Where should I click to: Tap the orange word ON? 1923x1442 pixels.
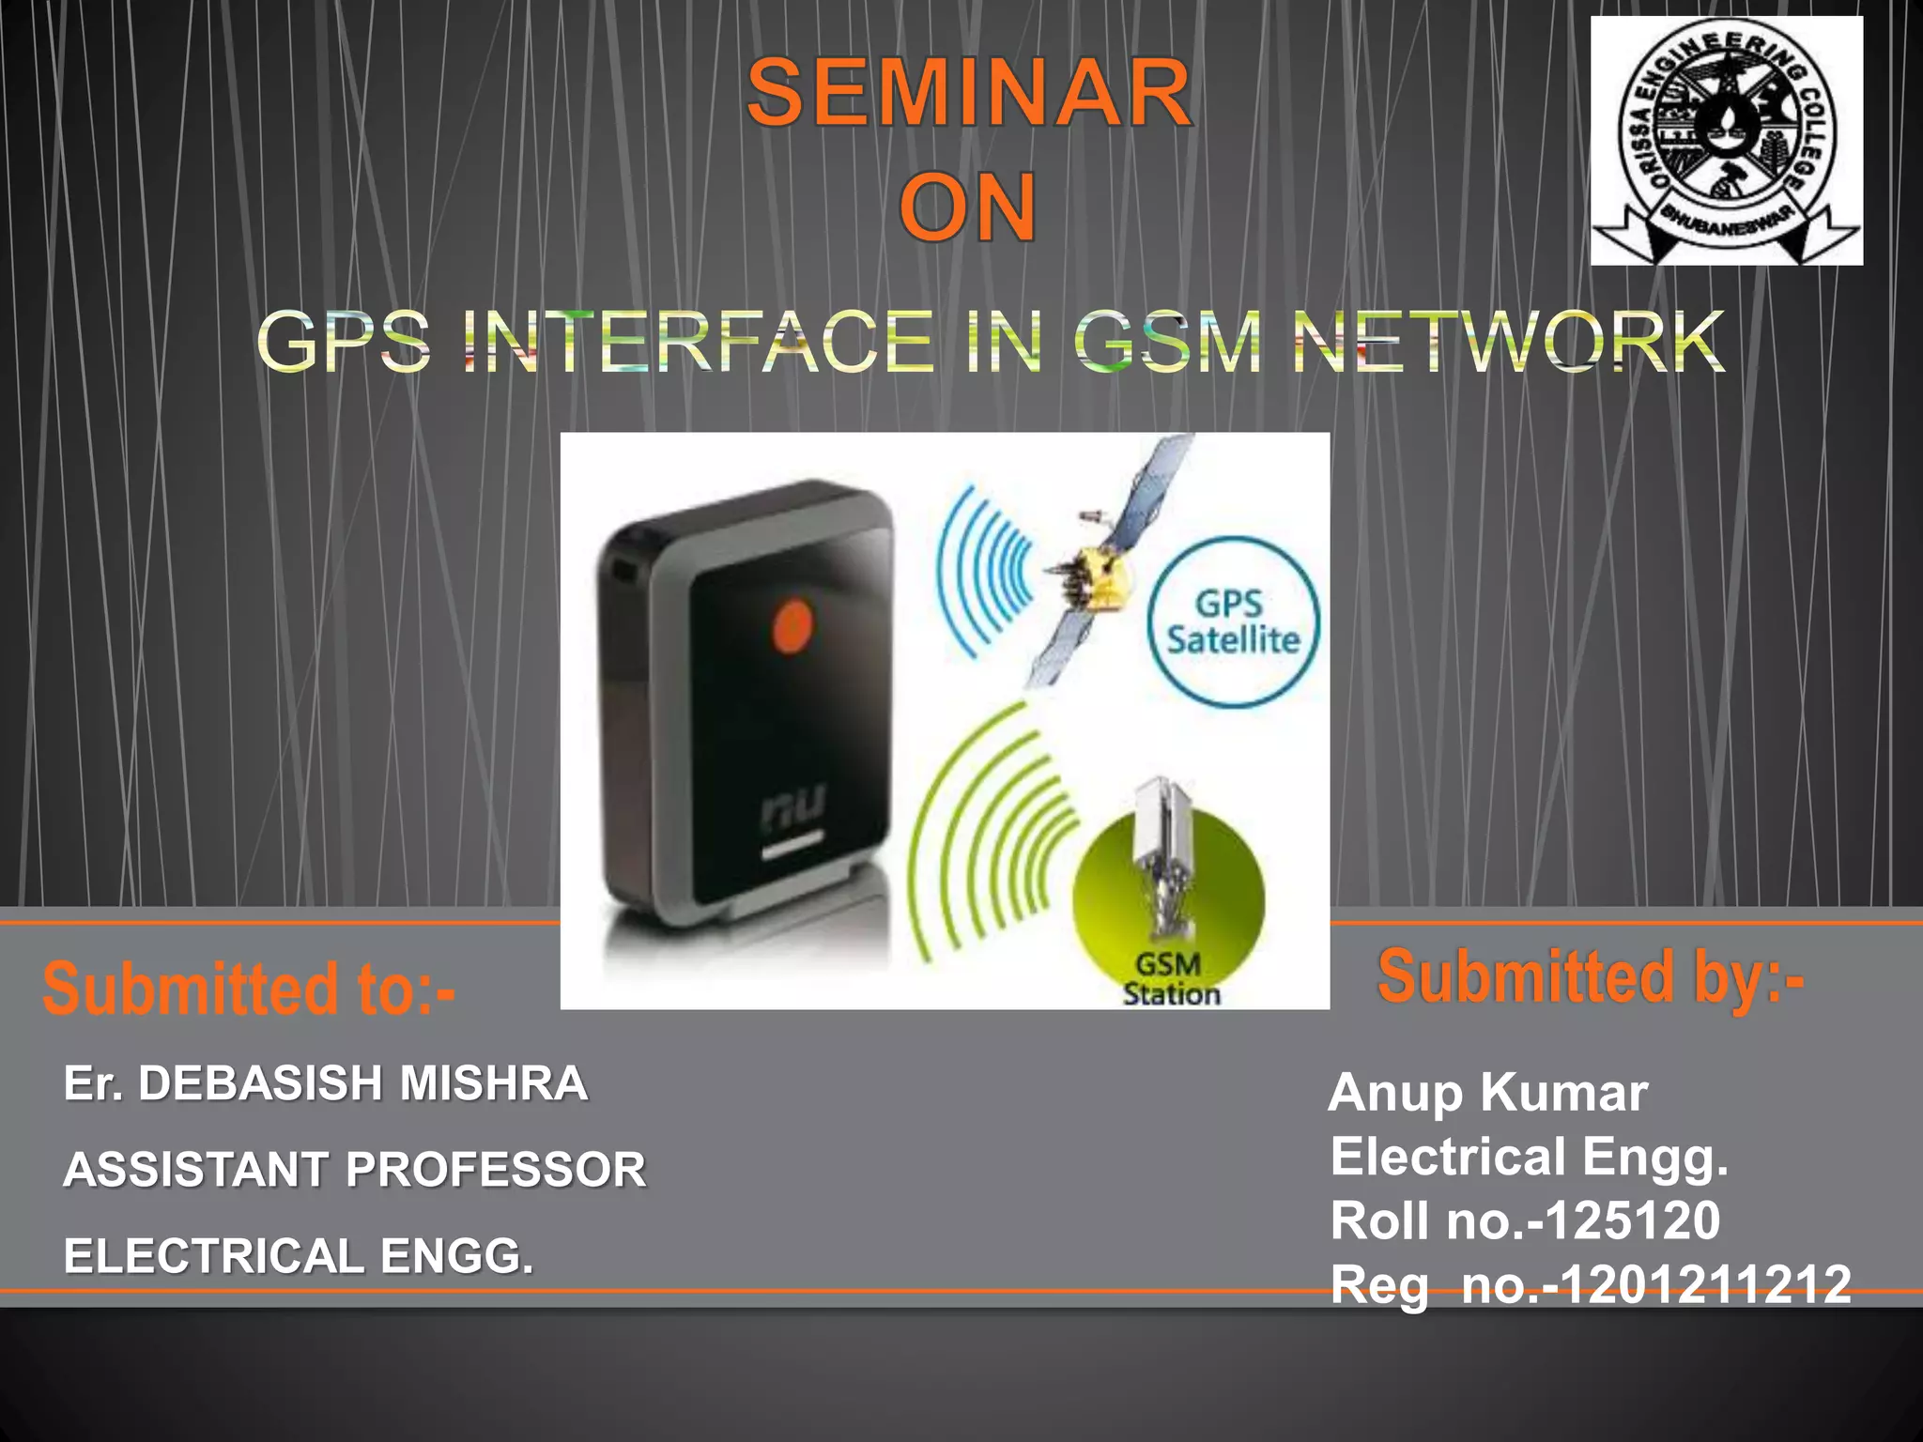click(x=968, y=207)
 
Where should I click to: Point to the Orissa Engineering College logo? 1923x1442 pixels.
click(x=1726, y=141)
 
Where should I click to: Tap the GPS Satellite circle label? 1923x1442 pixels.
click(x=1233, y=622)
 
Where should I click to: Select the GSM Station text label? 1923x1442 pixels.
click(x=1170, y=979)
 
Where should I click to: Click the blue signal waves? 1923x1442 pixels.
click(x=986, y=573)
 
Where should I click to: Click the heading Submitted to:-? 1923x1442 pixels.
click(x=249, y=989)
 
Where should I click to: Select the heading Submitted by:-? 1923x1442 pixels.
click(x=1590, y=977)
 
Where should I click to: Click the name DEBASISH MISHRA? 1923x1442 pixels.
click(x=362, y=1083)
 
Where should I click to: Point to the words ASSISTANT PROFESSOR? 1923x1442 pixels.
click(x=355, y=1170)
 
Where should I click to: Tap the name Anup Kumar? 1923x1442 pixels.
click(x=1487, y=1093)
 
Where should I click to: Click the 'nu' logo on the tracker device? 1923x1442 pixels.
click(x=793, y=807)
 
